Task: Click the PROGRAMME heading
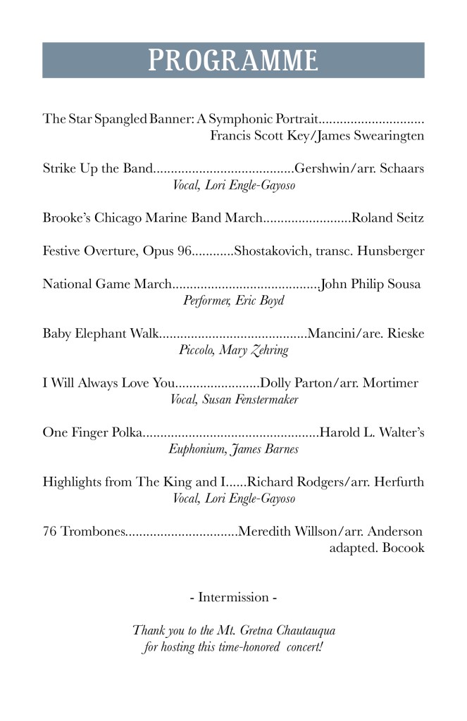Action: [x=232, y=60]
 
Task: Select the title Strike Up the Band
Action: [x=97, y=169]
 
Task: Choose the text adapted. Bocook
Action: [x=377, y=548]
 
